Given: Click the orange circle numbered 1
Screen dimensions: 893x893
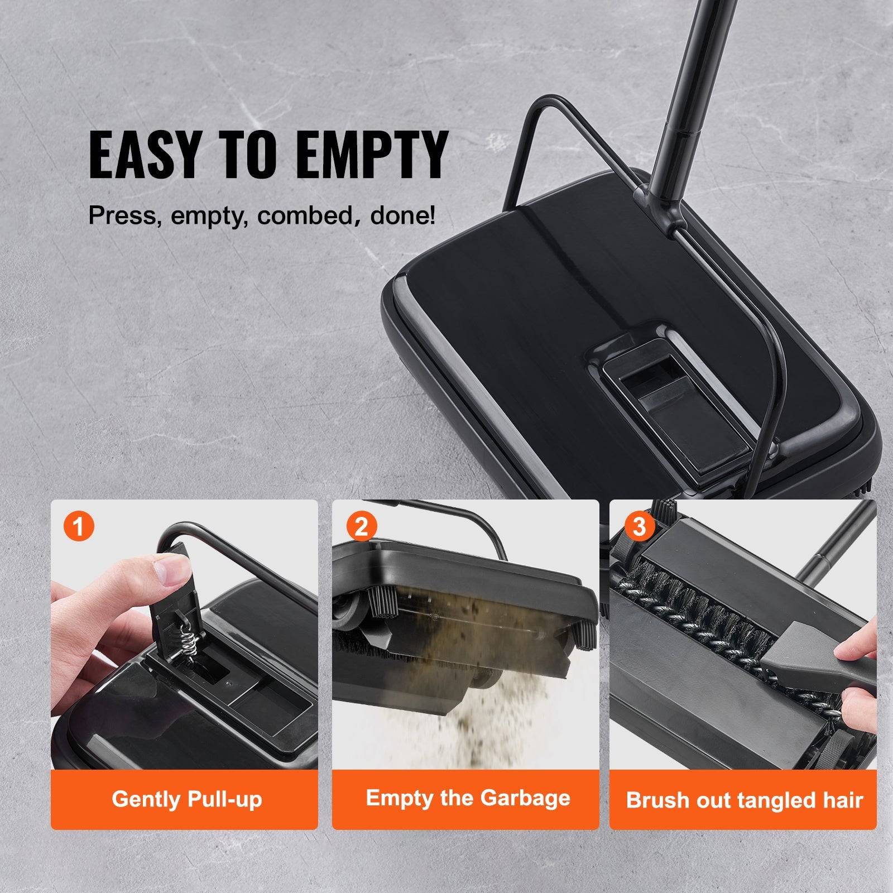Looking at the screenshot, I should [x=79, y=526].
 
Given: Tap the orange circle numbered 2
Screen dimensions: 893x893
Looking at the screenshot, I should [x=361, y=526].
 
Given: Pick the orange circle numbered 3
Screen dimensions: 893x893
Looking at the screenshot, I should [x=639, y=526].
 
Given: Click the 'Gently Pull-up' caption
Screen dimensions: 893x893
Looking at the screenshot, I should [x=186, y=799].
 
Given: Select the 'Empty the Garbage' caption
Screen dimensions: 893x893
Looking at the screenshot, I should [x=468, y=798].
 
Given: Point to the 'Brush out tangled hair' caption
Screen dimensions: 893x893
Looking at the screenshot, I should [x=744, y=800].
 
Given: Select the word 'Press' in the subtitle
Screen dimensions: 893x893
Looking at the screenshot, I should [x=118, y=215].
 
